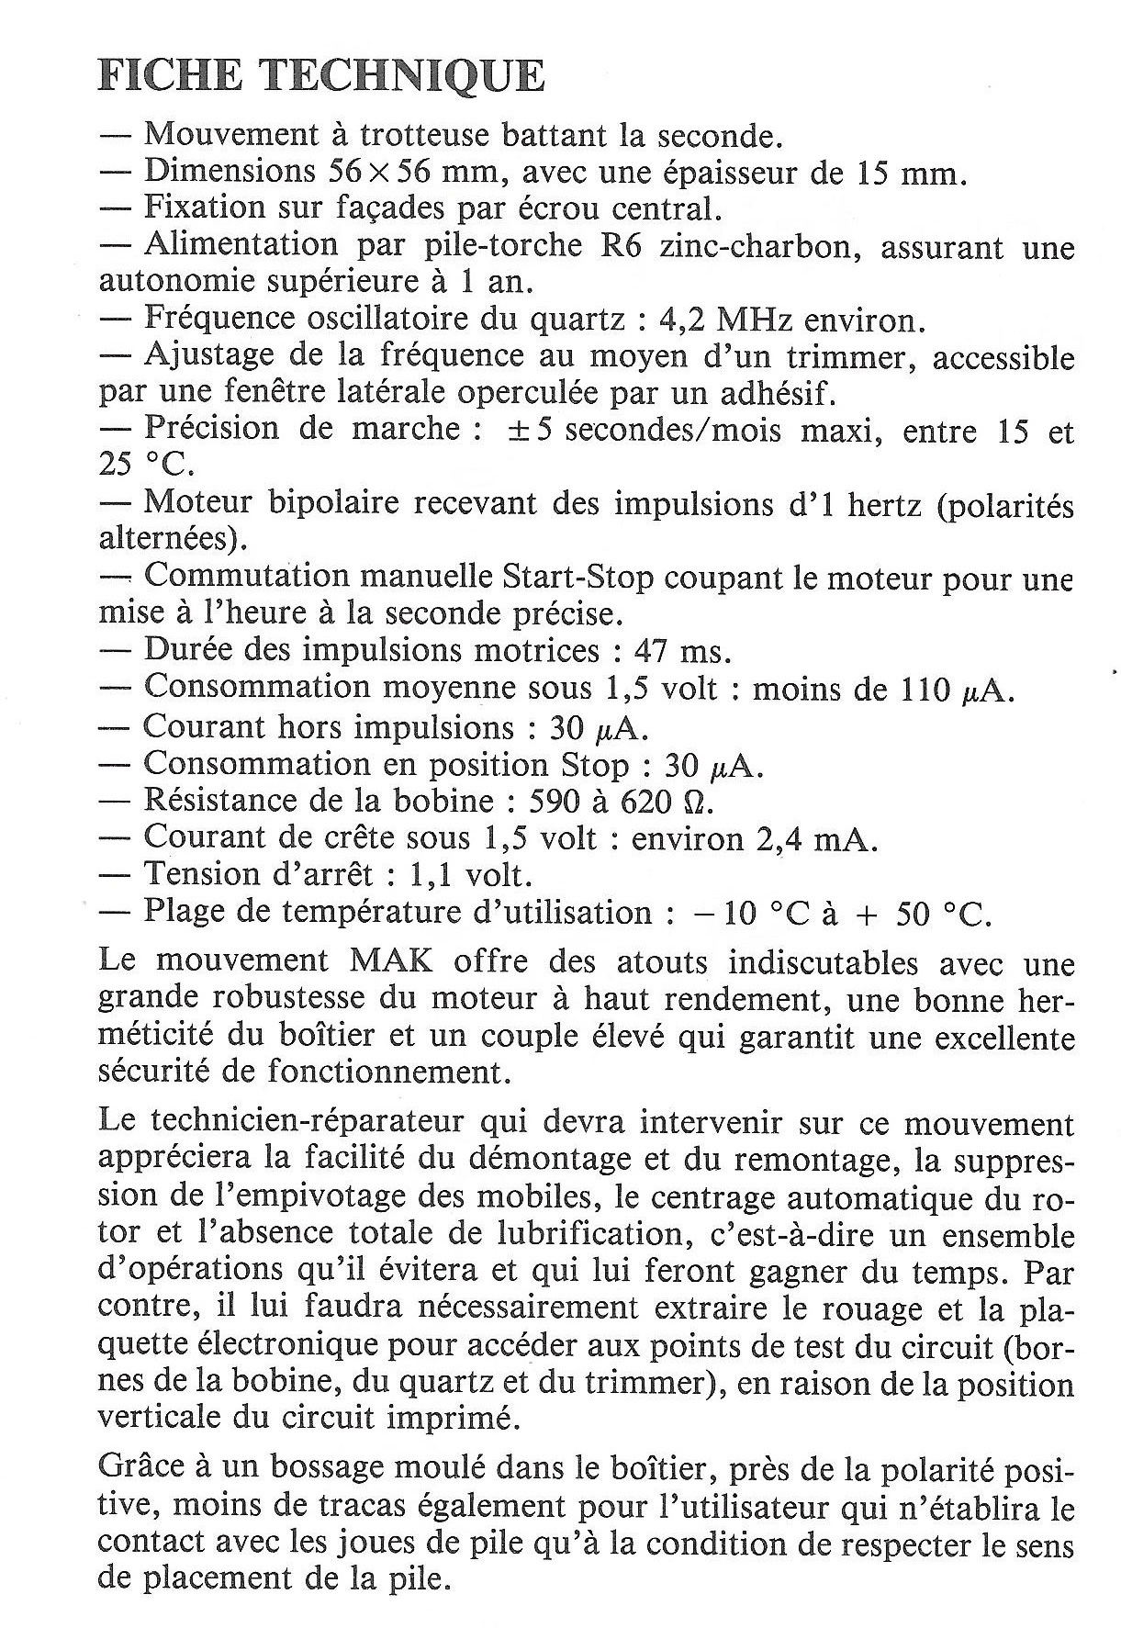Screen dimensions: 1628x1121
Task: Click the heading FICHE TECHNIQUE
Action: pyautogui.click(x=320, y=77)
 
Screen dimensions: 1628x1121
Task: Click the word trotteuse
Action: pyautogui.click(x=423, y=135)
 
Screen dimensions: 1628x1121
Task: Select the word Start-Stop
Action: pyautogui.click(x=577, y=577)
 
